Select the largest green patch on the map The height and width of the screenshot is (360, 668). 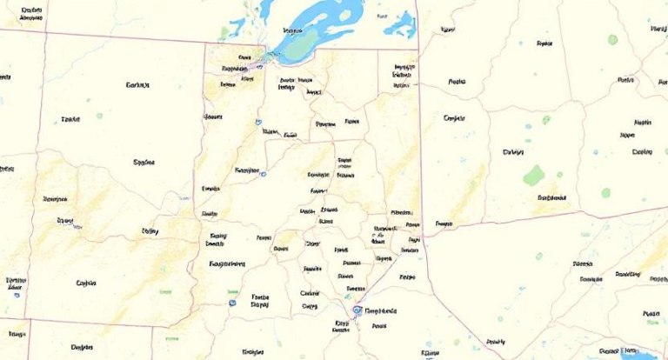[x=533, y=176]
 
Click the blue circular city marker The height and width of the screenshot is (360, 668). [x=356, y=310]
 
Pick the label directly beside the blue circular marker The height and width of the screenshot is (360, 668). [x=381, y=310]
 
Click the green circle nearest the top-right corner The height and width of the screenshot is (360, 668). [x=612, y=39]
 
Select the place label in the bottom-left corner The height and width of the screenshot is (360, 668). [x=17, y=333]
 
